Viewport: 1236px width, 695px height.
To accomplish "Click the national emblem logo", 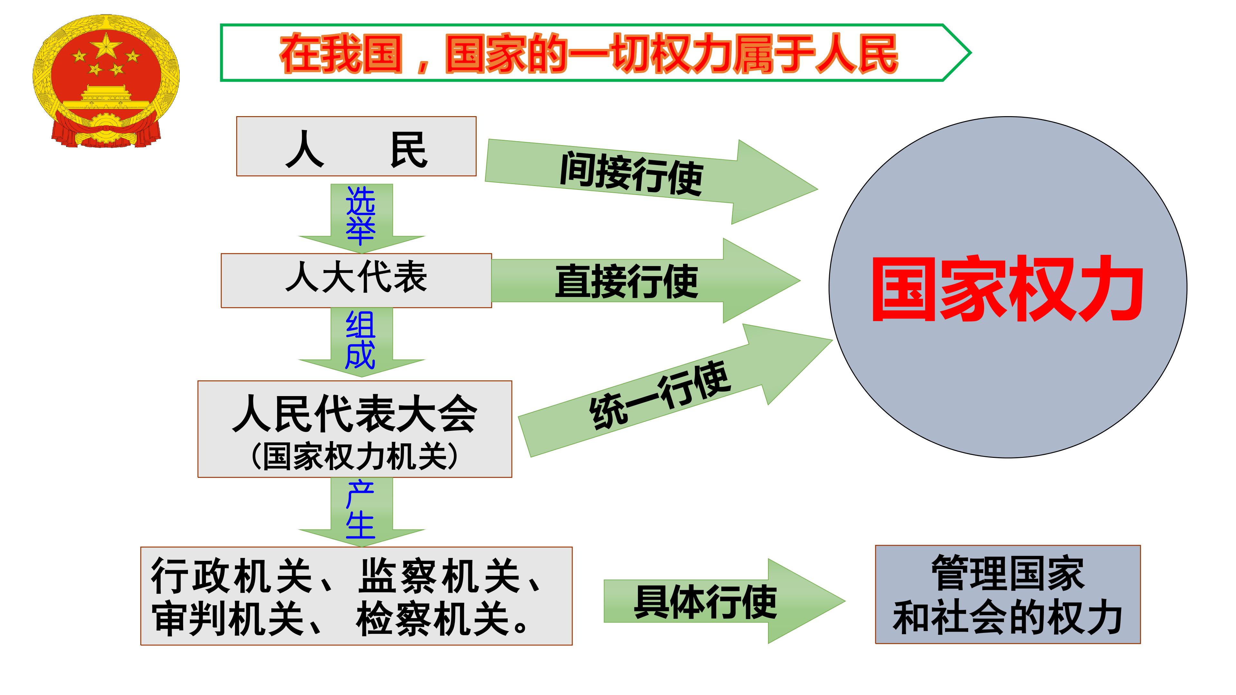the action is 106,80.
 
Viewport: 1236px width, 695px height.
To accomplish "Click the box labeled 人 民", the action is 356,146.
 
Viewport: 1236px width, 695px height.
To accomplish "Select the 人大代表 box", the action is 356,281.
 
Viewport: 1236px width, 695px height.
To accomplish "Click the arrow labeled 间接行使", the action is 651,181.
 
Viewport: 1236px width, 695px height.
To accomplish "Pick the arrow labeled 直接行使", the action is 645,281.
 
